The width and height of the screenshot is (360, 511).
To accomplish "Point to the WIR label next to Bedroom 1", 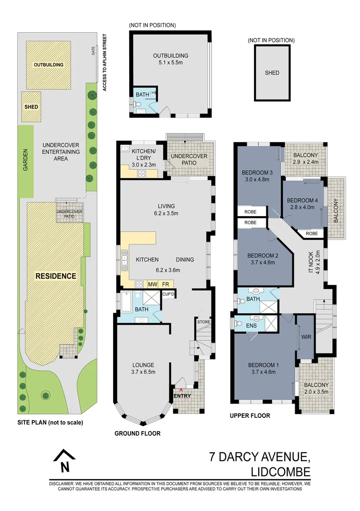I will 305,338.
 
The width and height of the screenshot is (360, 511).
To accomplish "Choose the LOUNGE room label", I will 143,365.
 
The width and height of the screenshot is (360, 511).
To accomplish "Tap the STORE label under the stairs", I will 203,322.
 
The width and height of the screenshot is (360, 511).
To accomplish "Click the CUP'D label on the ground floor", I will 168,294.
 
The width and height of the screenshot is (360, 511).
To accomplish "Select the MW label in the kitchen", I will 152,284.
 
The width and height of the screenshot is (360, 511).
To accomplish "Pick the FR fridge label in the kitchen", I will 166,284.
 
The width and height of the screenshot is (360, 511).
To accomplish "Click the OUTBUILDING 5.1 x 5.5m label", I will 170,59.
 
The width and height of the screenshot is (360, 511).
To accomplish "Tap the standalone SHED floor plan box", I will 272,73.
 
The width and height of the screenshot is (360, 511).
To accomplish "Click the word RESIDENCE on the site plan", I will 56,276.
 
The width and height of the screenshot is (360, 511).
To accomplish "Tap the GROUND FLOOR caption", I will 138,433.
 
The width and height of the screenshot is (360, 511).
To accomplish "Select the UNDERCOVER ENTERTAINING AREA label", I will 61,151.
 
